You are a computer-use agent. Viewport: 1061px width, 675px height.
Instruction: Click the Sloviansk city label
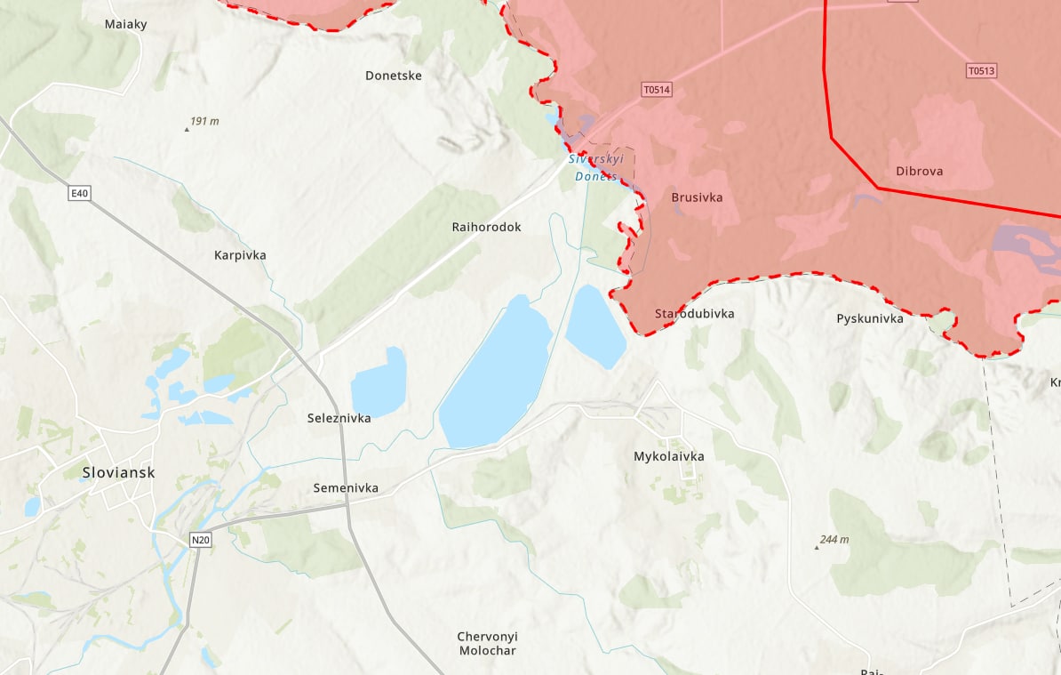tap(118, 472)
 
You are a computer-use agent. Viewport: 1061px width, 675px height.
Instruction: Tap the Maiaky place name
tap(125, 24)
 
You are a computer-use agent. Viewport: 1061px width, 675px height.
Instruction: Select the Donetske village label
tap(394, 76)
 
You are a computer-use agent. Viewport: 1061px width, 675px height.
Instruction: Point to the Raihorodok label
tap(486, 227)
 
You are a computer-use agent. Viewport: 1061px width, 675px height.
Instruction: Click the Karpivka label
tap(240, 255)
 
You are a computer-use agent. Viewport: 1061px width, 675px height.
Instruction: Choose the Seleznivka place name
tap(339, 417)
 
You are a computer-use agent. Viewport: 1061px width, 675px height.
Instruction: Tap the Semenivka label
tap(346, 488)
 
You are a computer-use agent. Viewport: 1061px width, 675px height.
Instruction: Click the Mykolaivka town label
tap(668, 456)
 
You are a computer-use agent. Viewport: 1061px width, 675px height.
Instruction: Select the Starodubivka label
tap(694, 314)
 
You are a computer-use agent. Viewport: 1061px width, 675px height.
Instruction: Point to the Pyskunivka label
tap(869, 318)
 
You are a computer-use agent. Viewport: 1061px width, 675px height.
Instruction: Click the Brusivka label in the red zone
tap(697, 197)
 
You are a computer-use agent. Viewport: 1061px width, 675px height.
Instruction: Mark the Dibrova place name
tap(920, 171)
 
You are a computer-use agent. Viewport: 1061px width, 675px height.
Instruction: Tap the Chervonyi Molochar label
tap(487, 643)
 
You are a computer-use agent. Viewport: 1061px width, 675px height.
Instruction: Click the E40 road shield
tap(80, 192)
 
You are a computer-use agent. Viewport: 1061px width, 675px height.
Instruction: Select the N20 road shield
tap(201, 540)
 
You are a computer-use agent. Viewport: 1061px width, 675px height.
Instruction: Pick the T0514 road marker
tap(657, 89)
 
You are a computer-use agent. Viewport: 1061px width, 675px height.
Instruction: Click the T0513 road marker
tap(981, 71)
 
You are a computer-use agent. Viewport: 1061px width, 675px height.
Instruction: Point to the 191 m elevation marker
tap(203, 121)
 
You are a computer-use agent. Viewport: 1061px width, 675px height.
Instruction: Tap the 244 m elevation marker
tap(834, 540)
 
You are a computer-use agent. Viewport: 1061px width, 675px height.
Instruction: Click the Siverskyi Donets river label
tap(596, 167)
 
